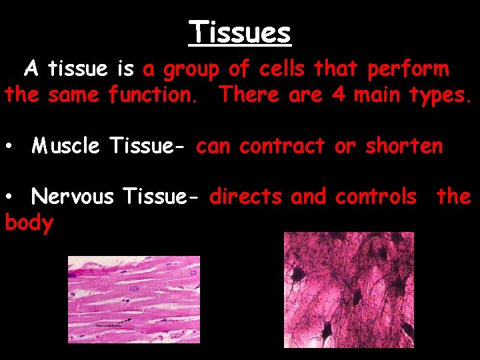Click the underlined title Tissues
[240, 32]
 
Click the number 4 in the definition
[339, 95]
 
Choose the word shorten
[403, 146]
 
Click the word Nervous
[73, 197]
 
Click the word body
[29, 223]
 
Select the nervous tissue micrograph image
[349, 289]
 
